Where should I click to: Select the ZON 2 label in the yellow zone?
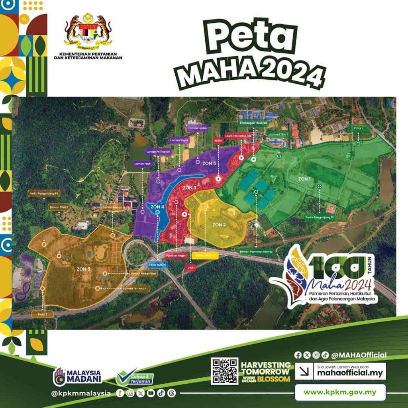pos(219,225)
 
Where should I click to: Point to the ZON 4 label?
pos(157,207)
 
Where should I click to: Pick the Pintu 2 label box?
pos(42,314)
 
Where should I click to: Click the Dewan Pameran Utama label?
pos(255,251)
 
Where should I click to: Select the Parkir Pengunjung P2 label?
pos(44,194)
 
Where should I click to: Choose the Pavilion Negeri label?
pos(176,254)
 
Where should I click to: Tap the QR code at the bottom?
pos(224,371)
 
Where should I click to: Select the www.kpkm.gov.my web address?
pos(340,392)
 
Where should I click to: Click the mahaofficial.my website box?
pos(341,371)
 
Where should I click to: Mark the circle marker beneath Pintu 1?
pos(358,144)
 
